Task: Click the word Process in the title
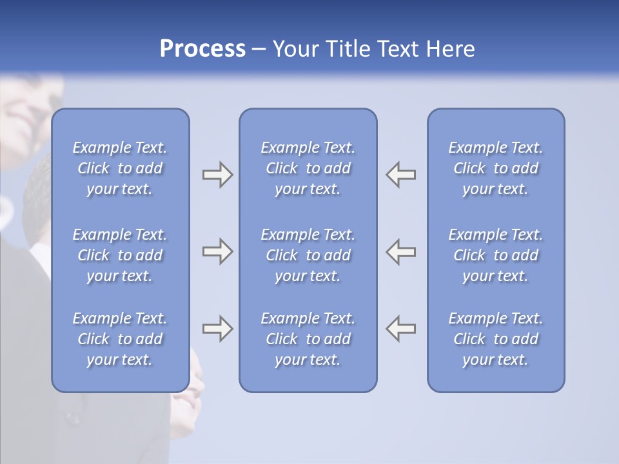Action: pyautogui.click(x=202, y=49)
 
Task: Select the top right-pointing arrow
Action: pyautogui.click(x=217, y=175)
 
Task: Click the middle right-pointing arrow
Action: pyautogui.click(x=217, y=251)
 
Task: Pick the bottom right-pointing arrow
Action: pyautogui.click(x=217, y=329)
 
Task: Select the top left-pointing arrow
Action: pyautogui.click(x=401, y=175)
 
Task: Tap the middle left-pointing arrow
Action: pyautogui.click(x=401, y=251)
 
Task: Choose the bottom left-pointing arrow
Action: pyautogui.click(x=401, y=329)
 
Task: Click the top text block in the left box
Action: pyautogui.click(x=120, y=168)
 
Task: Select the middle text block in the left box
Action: pyautogui.click(x=120, y=255)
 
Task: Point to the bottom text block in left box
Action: pyautogui.click(x=120, y=339)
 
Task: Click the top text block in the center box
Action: pyautogui.click(x=308, y=168)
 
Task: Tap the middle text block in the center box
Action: pyautogui.click(x=308, y=255)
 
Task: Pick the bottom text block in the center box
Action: pyautogui.click(x=308, y=339)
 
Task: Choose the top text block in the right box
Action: pyautogui.click(x=496, y=168)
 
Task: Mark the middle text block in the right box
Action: pyautogui.click(x=496, y=255)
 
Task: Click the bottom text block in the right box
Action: pyautogui.click(x=496, y=339)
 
